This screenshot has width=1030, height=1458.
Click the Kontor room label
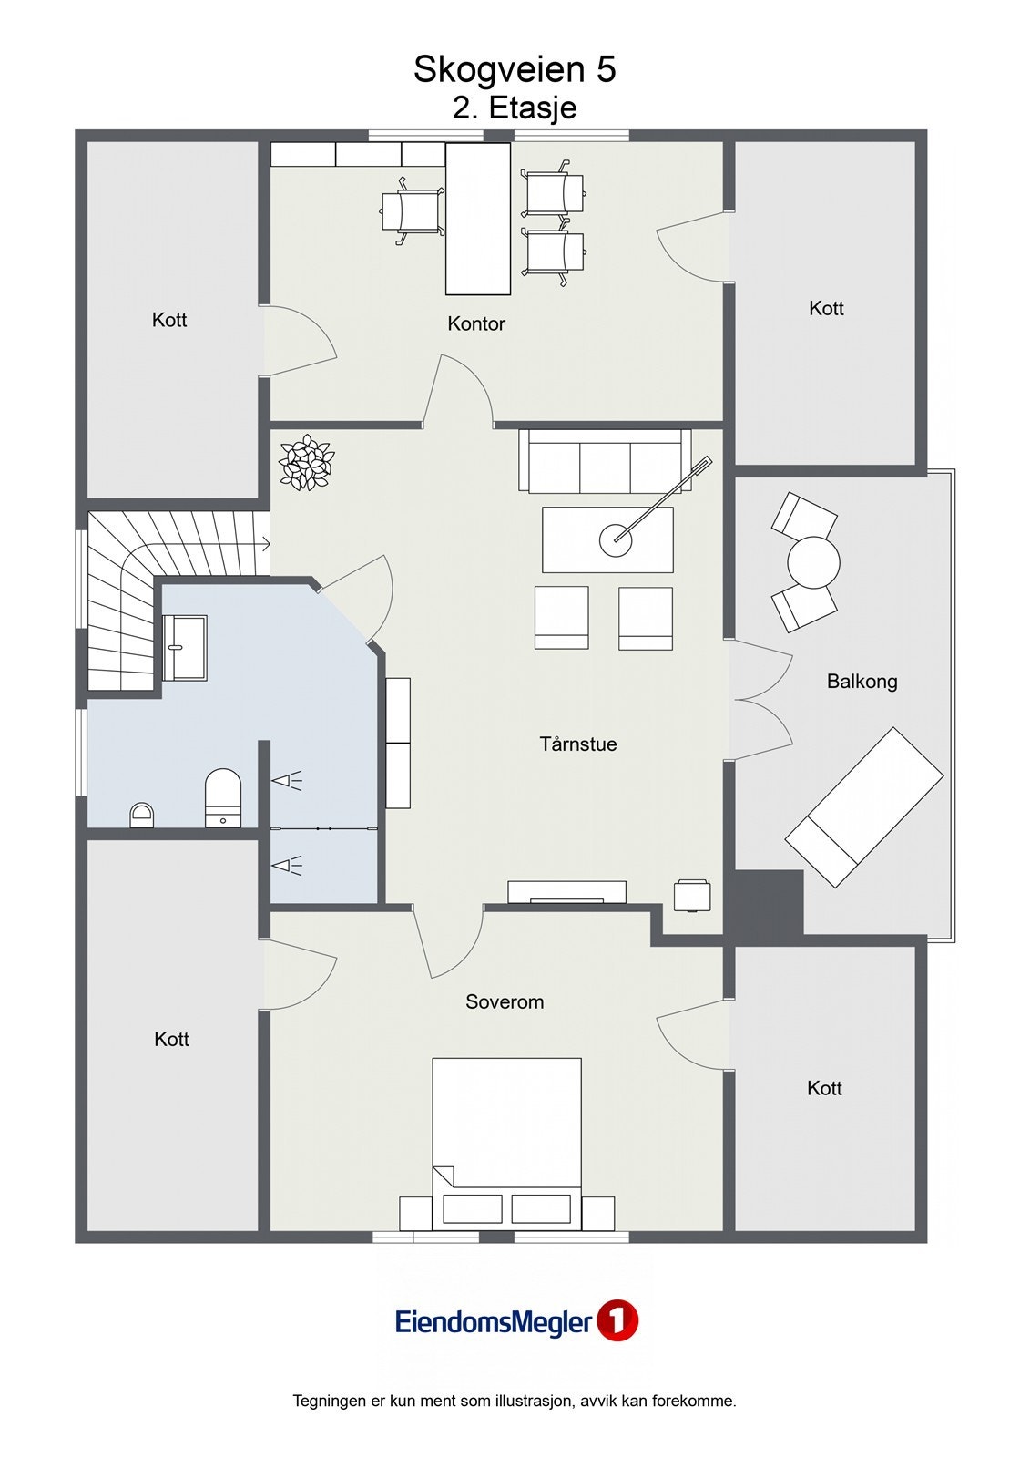click(475, 323)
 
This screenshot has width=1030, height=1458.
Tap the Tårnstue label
click(577, 744)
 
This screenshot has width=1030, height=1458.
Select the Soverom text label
click(505, 1001)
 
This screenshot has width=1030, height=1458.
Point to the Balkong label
click(862, 682)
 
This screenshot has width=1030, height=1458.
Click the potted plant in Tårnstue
click(307, 462)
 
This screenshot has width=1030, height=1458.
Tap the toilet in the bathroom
click(222, 798)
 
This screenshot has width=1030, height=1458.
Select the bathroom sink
click(184, 648)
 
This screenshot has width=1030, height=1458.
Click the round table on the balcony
click(813, 561)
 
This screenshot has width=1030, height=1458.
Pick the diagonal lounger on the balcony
click(864, 807)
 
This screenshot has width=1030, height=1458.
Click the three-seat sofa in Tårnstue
click(605, 460)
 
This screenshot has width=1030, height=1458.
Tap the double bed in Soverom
click(506, 1144)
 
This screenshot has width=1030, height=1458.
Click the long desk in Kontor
click(477, 220)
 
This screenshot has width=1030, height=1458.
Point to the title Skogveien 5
click(514, 69)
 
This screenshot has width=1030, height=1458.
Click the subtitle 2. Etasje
click(514, 108)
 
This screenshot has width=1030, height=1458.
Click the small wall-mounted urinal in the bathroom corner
click(142, 815)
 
